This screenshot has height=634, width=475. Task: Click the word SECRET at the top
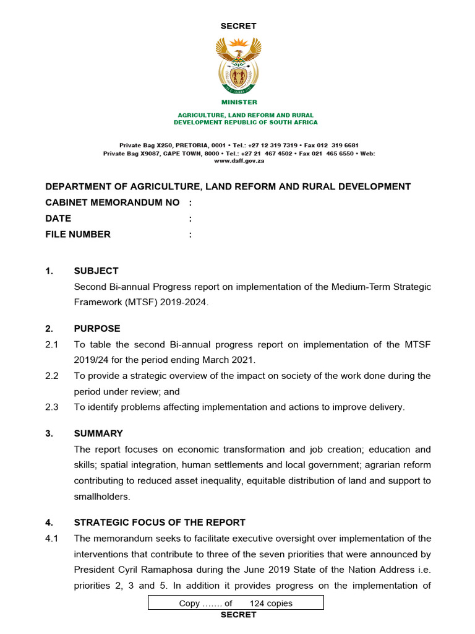pos(238,26)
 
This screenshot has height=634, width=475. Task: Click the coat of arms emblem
pos(238,64)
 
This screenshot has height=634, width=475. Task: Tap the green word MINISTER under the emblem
pos(239,102)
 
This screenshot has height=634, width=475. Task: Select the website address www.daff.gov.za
pos(239,160)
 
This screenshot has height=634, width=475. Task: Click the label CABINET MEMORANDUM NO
pos(113,202)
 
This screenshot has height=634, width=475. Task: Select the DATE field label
pos(58,218)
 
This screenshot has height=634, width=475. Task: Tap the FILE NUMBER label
pos(78,234)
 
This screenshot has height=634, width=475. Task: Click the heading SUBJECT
pos(96,271)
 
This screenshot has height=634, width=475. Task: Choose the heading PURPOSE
pos(97,328)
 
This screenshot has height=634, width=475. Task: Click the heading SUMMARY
pos(98,433)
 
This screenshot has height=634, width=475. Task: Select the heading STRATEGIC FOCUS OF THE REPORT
pos(160,522)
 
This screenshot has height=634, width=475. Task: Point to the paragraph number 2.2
pos(52,376)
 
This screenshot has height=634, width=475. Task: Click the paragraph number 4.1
pos(52,538)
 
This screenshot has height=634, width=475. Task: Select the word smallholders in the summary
pos(100,496)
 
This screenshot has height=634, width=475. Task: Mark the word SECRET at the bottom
pos(238,615)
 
